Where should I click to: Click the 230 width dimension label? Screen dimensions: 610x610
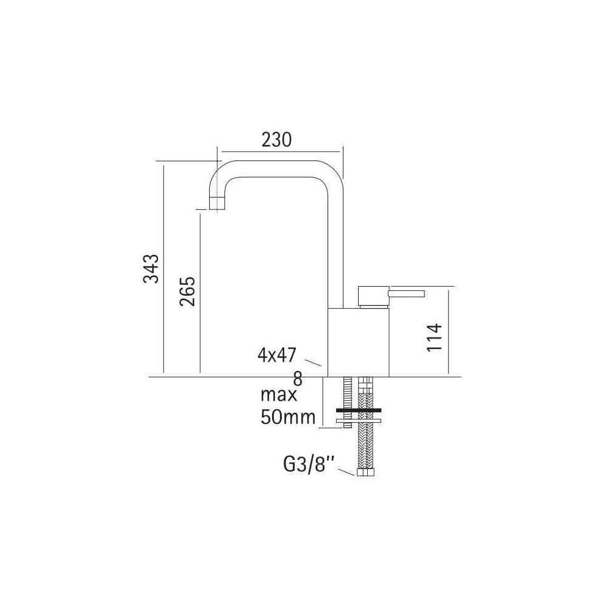[x=276, y=140]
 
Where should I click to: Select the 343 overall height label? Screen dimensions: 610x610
[x=151, y=268]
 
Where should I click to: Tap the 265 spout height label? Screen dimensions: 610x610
[x=187, y=291]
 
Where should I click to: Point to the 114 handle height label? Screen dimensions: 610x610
[x=434, y=337]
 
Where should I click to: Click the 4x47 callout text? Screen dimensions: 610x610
[x=276, y=355]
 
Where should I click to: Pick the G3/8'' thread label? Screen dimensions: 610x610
[x=309, y=464]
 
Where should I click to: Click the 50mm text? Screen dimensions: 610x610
[x=288, y=417]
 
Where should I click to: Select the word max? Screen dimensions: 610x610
[x=279, y=395]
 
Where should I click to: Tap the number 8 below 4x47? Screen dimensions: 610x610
[x=298, y=378]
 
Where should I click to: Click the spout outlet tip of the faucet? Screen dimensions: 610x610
[x=217, y=204]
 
